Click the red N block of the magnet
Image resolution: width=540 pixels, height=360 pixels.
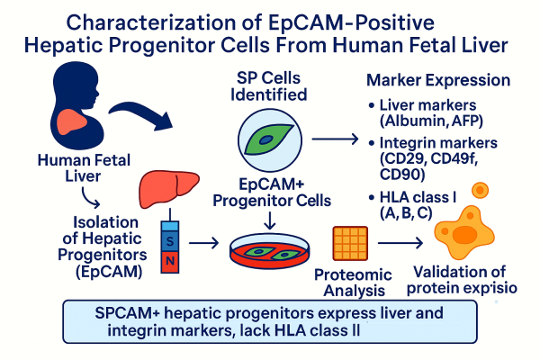[x=173, y=261]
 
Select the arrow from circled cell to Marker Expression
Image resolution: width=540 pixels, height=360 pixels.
[x=335, y=139]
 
